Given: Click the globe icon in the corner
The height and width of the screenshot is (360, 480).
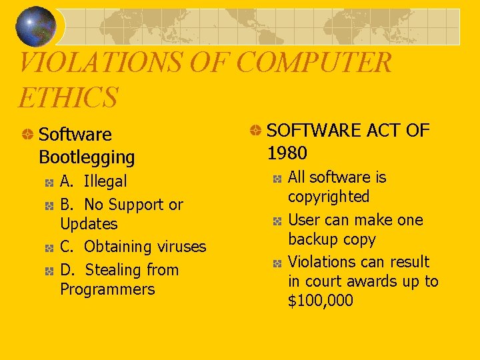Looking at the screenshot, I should (36, 26).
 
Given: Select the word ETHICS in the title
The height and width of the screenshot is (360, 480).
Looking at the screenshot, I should (68, 97).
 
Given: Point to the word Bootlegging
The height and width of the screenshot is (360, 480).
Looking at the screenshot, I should (87, 158).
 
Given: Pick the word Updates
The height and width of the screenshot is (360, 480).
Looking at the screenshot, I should (89, 224).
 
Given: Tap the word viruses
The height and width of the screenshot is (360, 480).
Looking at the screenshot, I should (181, 247).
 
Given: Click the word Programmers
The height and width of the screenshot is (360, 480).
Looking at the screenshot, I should (107, 289).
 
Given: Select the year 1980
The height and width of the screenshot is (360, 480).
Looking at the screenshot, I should (287, 153).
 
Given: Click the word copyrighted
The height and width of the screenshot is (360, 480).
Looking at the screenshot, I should (329, 197).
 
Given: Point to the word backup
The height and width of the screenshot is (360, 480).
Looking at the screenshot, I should (313, 239).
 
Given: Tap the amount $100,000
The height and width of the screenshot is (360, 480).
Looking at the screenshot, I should (321, 301).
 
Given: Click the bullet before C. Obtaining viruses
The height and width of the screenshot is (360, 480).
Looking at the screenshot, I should (49, 247).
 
